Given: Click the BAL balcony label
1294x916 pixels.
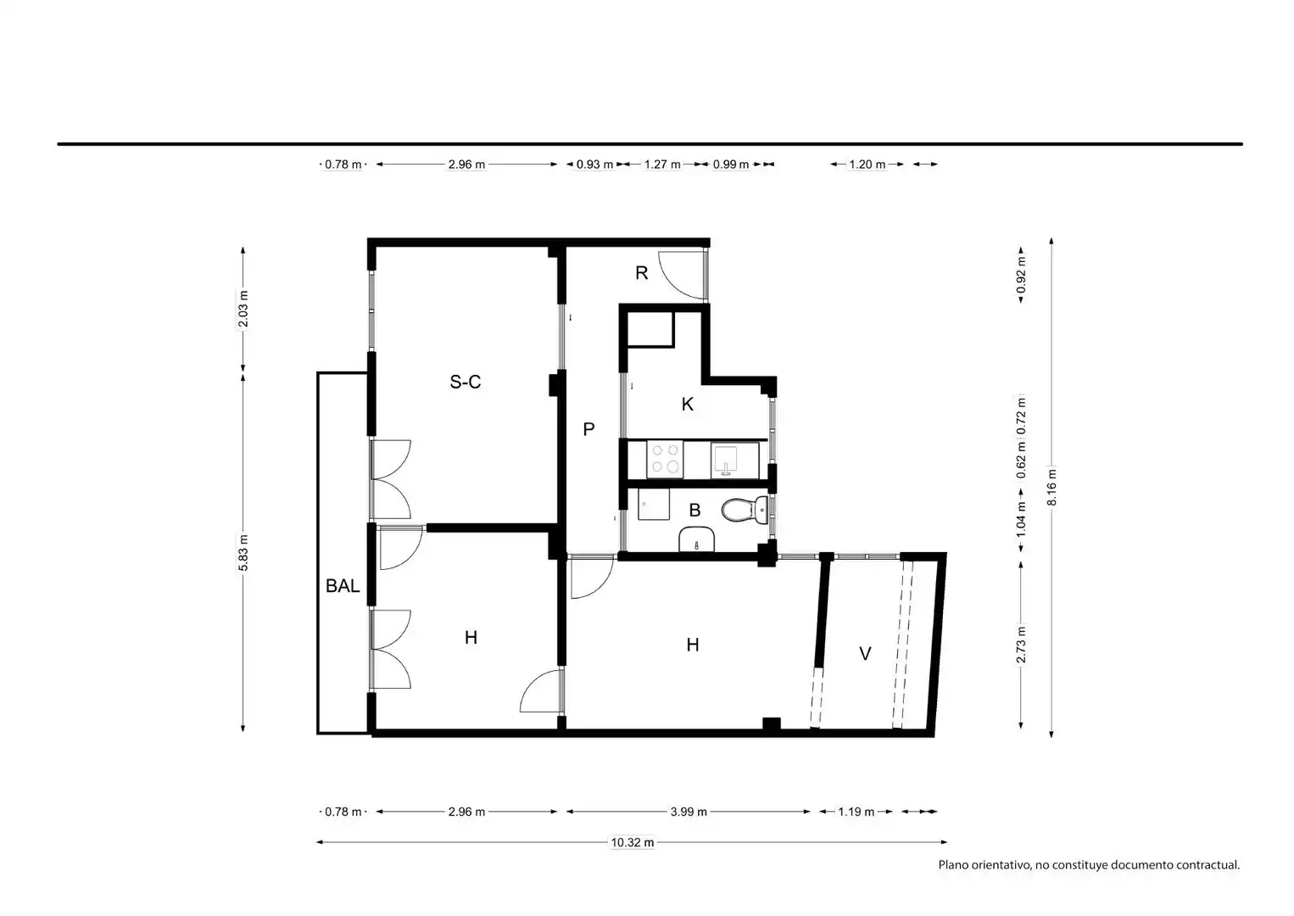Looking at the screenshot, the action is click(343, 586).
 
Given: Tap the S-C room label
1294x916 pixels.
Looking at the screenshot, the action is click(465, 382).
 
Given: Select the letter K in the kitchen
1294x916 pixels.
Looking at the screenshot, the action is click(688, 404).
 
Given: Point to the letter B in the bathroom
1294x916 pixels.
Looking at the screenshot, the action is click(695, 511).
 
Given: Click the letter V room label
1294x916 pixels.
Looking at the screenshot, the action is click(865, 654).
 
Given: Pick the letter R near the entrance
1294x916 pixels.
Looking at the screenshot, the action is click(641, 273).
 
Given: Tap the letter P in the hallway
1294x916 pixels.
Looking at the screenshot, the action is click(588, 429).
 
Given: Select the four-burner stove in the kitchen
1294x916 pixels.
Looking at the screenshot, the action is click(665, 460).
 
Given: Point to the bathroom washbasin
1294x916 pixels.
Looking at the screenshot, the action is click(696, 539).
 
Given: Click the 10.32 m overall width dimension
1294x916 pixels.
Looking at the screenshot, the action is click(633, 842).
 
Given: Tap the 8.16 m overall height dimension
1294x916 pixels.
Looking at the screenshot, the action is click(1052, 487).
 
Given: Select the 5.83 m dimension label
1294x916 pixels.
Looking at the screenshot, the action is click(243, 553).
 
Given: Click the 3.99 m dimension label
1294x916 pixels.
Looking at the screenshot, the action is click(689, 812).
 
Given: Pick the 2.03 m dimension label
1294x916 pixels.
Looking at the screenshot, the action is click(243, 309).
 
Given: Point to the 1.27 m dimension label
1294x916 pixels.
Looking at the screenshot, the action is click(662, 165).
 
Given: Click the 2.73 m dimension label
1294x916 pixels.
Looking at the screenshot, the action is click(1021, 645).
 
